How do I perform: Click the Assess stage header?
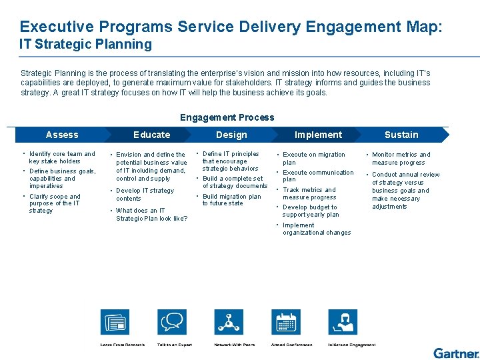point(62,135)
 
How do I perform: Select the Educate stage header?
point(152,135)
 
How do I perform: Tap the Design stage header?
point(231,135)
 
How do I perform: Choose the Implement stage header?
point(318,135)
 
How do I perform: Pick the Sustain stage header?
point(401,135)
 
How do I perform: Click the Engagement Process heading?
point(227,117)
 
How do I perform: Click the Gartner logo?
point(455,353)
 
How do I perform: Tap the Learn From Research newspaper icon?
point(115,323)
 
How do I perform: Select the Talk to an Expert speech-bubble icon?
point(173,323)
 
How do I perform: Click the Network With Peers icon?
point(229,323)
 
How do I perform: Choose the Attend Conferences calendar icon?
point(287,323)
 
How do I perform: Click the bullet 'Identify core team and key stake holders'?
point(62,157)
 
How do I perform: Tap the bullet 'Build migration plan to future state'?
point(231,200)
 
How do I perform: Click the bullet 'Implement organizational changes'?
point(316,229)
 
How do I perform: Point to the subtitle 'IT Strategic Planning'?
point(85,45)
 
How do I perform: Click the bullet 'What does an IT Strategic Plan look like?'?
point(151,215)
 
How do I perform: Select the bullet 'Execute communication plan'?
point(318,176)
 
